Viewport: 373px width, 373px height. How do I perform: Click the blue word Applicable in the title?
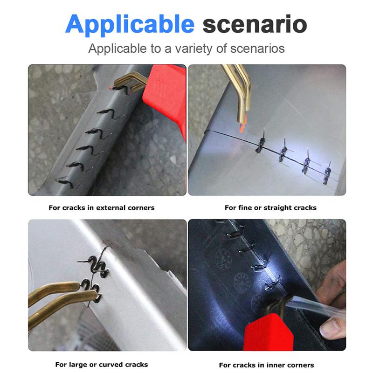pyautogui.click(x=130, y=25)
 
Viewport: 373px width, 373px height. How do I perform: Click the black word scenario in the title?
pyautogui.click(x=255, y=24)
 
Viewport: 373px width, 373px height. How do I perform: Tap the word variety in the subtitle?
pyautogui.click(x=193, y=49)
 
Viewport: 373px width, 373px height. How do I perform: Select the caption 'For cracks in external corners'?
pyautogui.click(x=102, y=207)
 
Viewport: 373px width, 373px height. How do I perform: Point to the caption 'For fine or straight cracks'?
pyautogui.click(x=270, y=207)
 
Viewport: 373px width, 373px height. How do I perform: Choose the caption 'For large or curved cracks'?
pyautogui.click(x=102, y=365)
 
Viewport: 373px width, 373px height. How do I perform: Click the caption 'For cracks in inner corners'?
pyautogui.click(x=266, y=365)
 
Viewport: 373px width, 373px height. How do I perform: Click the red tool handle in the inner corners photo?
pyautogui.click(x=268, y=333)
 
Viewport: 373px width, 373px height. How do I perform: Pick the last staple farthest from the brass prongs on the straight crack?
pyautogui.click(x=327, y=173)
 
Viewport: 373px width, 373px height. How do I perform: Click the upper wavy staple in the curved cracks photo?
pyautogui.click(x=97, y=266)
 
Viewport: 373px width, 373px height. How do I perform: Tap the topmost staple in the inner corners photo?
pyautogui.click(x=235, y=234)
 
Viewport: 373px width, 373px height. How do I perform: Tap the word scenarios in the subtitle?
pyautogui.click(x=257, y=48)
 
